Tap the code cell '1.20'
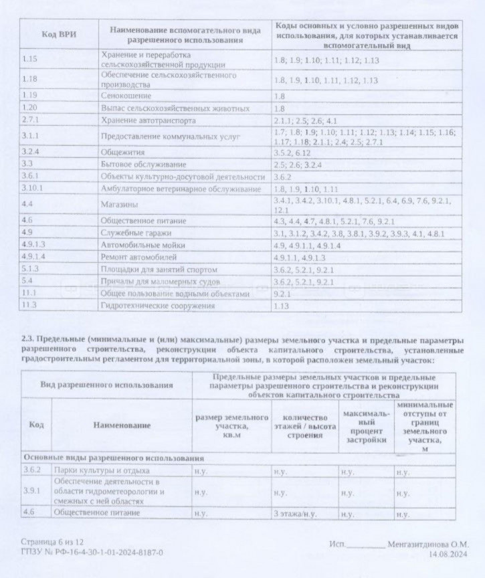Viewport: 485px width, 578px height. (x=29, y=108)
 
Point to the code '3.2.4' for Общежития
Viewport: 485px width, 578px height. (x=31, y=151)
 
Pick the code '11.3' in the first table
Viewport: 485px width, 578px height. (x=29, y=306)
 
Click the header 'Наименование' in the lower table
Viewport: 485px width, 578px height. (x=122, y=425)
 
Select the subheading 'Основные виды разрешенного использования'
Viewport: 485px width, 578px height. (x=114, y=458)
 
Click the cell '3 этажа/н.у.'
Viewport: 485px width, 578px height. (x=294, y=513)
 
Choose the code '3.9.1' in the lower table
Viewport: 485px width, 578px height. (x=32, y=492)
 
